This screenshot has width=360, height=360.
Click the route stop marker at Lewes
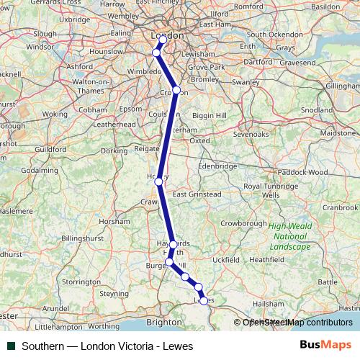click(204, 300)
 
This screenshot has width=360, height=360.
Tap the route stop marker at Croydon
click(176, 91)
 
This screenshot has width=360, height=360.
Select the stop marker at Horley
click(158, 181)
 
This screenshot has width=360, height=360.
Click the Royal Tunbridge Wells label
click(271, 191)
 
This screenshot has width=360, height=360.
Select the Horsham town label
click(114, 222)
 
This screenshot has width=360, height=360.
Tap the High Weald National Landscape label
click(291, 236)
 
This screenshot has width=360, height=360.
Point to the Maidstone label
click(337, 134)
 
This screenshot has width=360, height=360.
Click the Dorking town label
click(114, 151)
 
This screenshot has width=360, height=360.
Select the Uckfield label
click(225, 258)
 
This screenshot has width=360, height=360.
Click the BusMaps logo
click(326, 346)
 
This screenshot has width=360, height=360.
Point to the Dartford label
click(259, 62)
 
